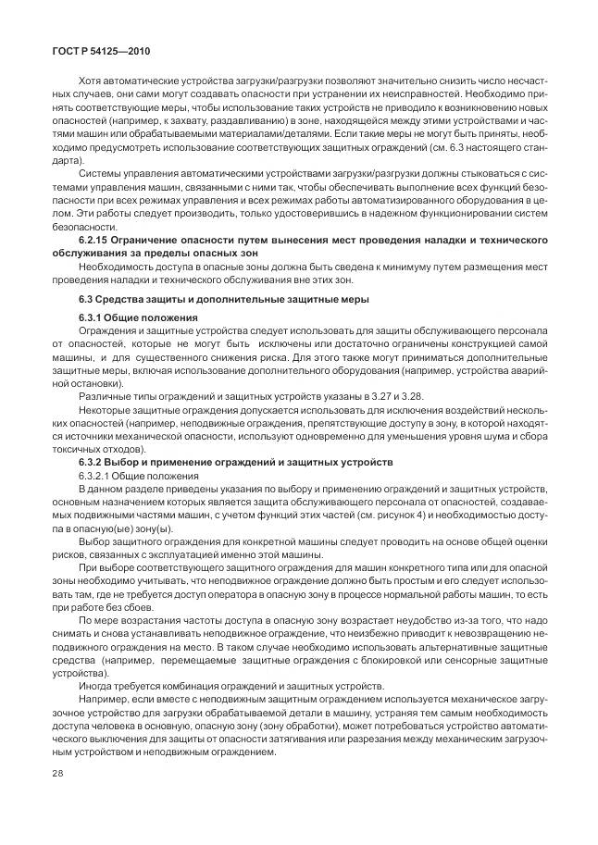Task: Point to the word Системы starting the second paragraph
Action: click(x=100, y=173)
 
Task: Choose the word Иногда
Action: click(x=97, y=685)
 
